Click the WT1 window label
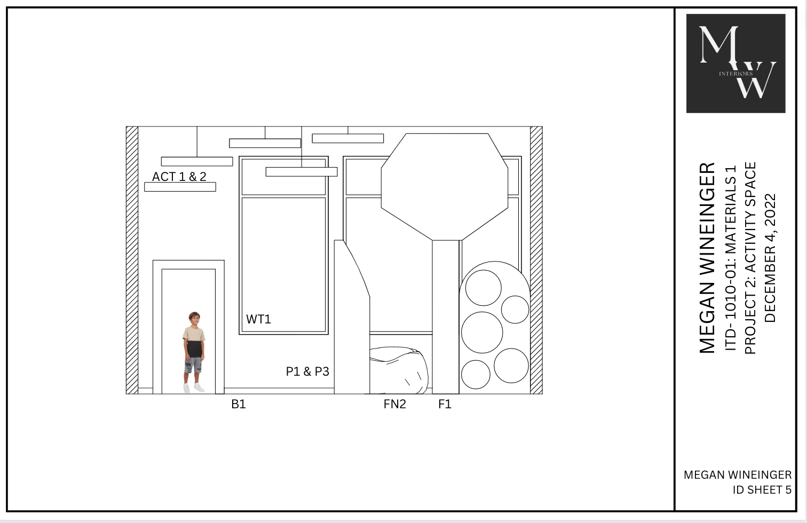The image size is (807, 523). pyautogui.click(x=258, y=319)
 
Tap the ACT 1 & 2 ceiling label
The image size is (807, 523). pyautogui.click(x=179, y=177)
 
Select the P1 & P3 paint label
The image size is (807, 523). pyautogui.click(x=307, y=371)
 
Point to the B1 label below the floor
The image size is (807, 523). pyautogui.click(x=239, y=404)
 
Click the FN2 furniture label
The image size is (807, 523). pyautogui.click(x=394, y=404)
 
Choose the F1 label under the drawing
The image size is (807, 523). pyautogui.click(x=445, y=404)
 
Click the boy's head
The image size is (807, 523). pyautogui.click(x=194, y=319)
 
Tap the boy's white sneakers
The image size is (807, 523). pyautogui.click(x=194, y=388)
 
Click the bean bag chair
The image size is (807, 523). pyautogui.click(x=399, y=370)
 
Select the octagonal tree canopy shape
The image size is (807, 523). pyautogui.click(x=445, y=187)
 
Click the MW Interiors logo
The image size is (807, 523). pyautogui.click(x=735, y=64)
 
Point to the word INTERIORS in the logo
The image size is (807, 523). pyautogui.click(x=735, y=74)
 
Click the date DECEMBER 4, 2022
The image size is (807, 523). pyautogui.click(x=770, y=258)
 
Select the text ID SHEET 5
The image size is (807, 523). pyautogui.click(x=762, y=490)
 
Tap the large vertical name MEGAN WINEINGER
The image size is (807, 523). pyautogui.click(x=707, y=258)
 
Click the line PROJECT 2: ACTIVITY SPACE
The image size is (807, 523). pyautogui.click(x=750, y=258)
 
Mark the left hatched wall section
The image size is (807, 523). pyautogui.click(x=132, y=260)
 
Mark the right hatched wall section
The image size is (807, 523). pyautogui.click(x=536, y=260)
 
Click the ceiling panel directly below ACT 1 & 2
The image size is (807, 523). pyautogui.click(x=180, y=187)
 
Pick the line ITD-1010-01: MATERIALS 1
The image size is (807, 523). pyautogui.click(x=731, y=258)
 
